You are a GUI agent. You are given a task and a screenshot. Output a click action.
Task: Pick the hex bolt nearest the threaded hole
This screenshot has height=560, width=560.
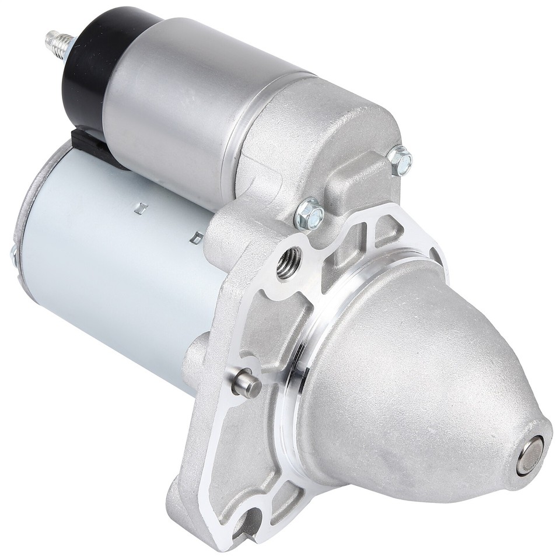309,213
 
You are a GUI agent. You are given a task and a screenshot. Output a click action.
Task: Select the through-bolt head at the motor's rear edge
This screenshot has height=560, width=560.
13,253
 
